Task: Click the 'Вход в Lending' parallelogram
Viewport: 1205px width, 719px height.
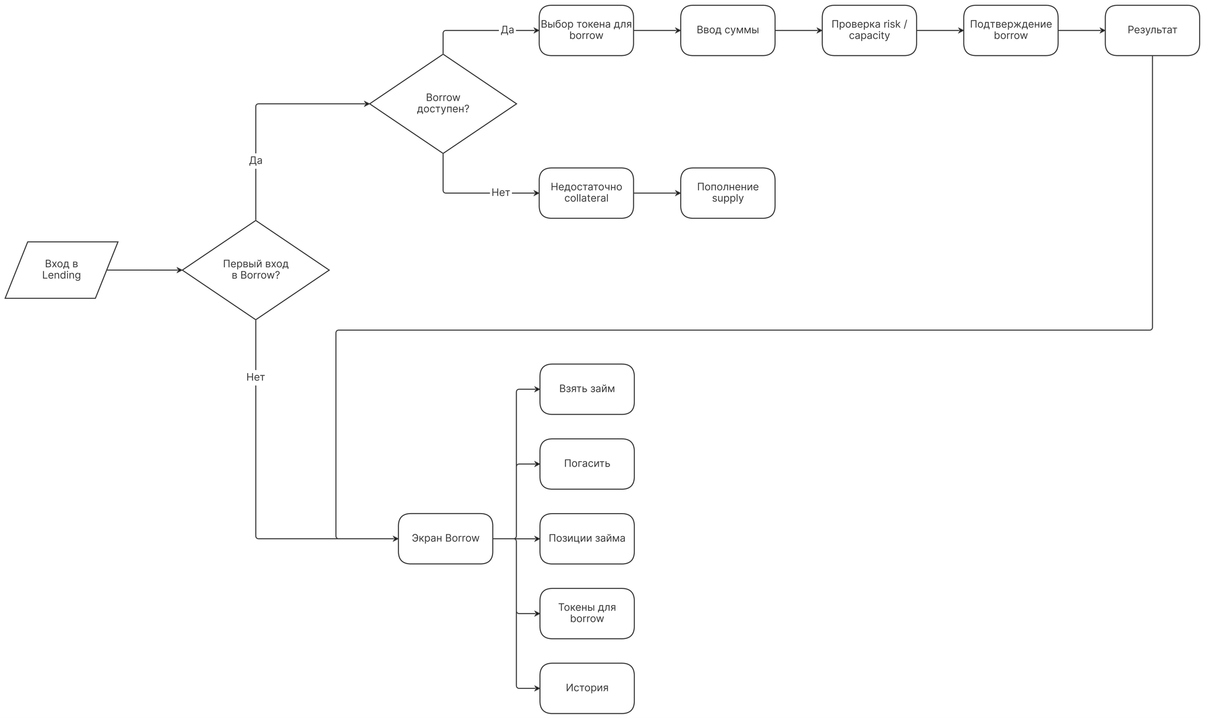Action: coord(61,270)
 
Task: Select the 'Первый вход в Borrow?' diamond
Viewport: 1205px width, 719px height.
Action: coord(255,270)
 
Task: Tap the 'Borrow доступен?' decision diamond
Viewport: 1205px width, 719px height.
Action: coord(442,104)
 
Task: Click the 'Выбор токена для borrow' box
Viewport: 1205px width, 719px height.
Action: coord(586,31)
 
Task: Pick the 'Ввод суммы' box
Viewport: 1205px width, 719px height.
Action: coord(727,31)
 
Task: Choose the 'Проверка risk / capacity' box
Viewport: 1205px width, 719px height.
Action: coord(869,31)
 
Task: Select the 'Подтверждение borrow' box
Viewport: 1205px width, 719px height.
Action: coord(1010,31)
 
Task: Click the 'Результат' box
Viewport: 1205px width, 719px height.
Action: coord(1152,31)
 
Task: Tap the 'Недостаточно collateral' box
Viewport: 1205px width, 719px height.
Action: coord(586,193)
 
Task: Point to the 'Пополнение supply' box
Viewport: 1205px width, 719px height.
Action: coord(727,193)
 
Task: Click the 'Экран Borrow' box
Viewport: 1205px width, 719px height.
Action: coord(445,538)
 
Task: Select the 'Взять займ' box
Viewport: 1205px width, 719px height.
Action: coord(587,389)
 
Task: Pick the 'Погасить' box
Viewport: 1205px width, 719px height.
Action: coord(587,464)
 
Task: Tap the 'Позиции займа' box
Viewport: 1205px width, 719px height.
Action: coord(587,538)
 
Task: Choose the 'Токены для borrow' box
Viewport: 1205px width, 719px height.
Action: coord(587,613)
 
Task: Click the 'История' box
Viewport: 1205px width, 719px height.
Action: coord(587,688)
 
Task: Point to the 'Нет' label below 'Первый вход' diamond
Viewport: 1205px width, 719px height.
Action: coord(255,377)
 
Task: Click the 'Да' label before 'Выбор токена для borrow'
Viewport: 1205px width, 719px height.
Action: coord(507,30)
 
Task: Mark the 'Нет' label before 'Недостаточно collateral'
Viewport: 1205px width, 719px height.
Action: coord(501,193)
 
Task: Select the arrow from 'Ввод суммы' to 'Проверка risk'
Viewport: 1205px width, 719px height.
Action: coord(798,31)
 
